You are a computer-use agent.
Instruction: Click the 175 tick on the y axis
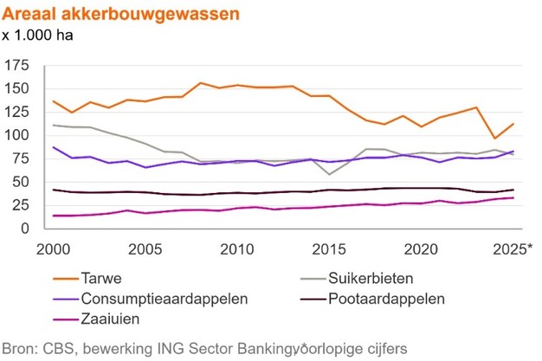coord(16,65)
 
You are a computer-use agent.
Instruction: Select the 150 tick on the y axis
coord(16,88)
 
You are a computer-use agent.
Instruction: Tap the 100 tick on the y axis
coord(16,136)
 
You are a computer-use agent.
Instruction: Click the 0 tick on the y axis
coord(24,229)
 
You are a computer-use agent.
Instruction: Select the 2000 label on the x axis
coord(54,249)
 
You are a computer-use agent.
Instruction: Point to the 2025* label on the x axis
coord(510,249)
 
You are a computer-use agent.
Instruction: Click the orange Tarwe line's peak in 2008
coord(201,83)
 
